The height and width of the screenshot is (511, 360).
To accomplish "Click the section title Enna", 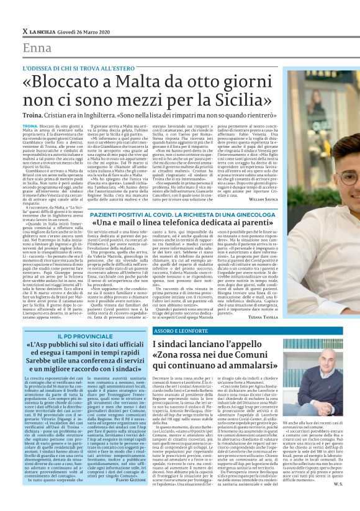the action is (x=37, y=49).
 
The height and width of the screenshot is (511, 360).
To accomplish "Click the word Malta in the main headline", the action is (x=136, y=83).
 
